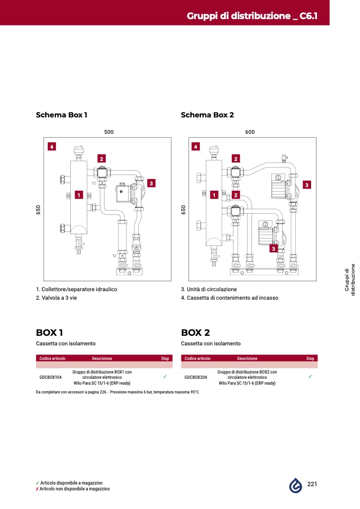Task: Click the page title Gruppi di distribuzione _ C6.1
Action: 252,16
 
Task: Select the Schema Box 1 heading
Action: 61,115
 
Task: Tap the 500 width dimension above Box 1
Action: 109,132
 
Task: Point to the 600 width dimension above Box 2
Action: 250,132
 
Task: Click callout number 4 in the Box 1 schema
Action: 52,147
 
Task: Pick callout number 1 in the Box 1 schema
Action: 79,195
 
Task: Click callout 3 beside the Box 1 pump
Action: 151,183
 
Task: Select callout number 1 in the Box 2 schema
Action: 214,195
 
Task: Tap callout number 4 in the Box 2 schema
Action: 196,147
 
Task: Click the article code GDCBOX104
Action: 51,377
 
